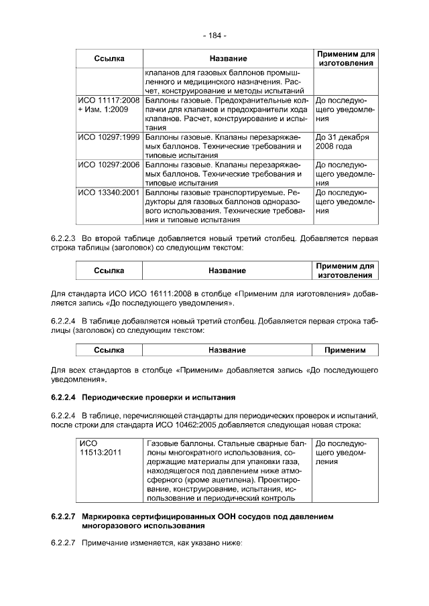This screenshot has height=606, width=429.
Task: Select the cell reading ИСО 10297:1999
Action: tap(108, 137)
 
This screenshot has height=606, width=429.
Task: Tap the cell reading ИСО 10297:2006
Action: tap(108, 164)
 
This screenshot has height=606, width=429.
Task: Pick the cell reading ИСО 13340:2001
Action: tap(108, 192)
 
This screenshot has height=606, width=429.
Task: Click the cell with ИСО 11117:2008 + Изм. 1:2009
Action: tap(108, 104)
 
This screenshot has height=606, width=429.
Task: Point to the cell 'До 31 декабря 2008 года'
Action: tap(343, 141)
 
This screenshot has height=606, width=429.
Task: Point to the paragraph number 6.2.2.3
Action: tap(64, 238)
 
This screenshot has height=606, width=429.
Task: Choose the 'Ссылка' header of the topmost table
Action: tap(109, 58)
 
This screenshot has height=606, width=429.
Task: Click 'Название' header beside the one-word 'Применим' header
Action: tap(227, 350)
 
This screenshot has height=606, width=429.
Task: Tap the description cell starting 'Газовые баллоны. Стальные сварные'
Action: tap(227, 470)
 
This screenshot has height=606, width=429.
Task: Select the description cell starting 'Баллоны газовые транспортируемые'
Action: tap(227, 206)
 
